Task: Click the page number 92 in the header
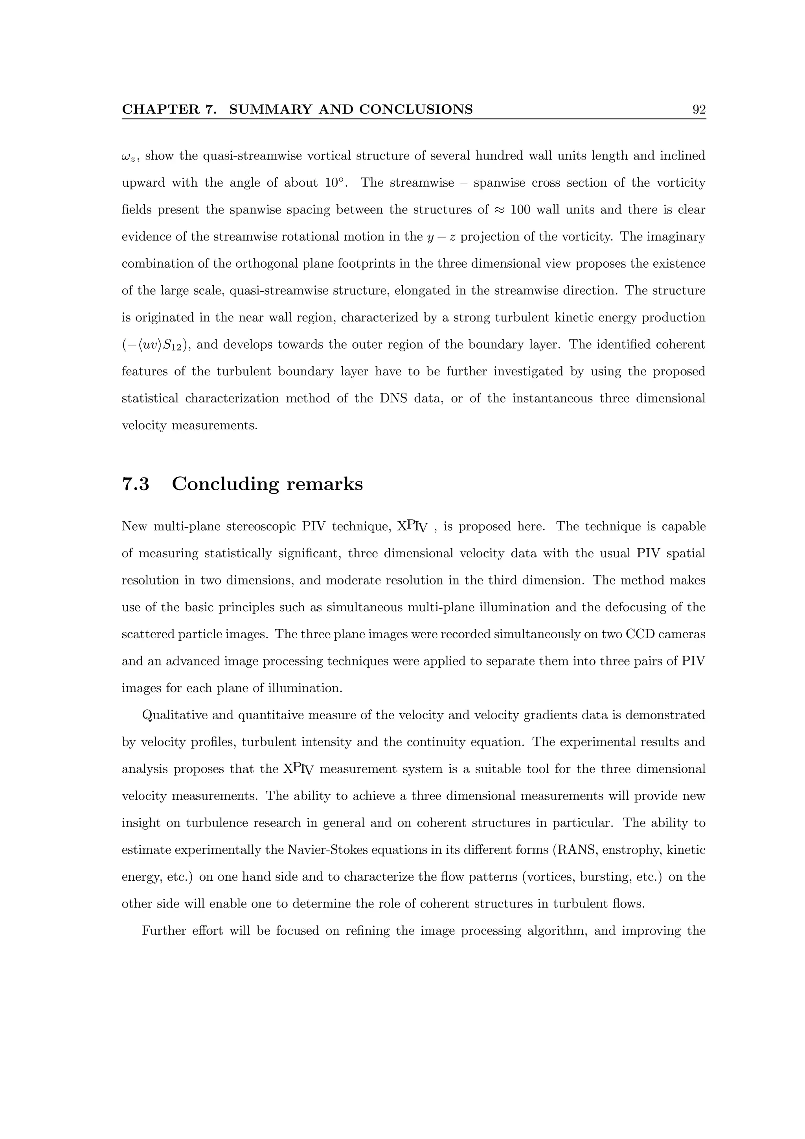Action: tap(698, 110)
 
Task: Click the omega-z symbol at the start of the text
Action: tap(129, 157)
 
